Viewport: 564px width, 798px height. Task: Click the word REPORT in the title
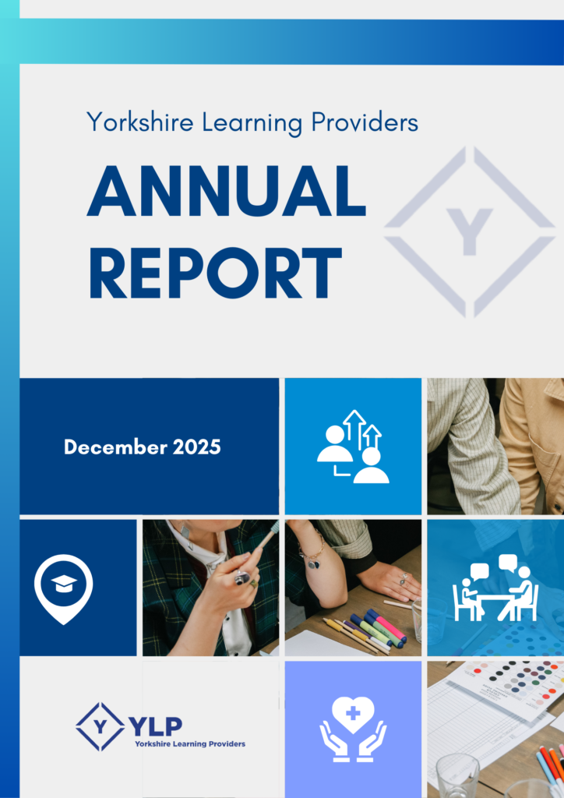pos(214,273)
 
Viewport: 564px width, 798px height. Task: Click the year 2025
pos(198,447)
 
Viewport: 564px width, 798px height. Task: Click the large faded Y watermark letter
pos(470,231)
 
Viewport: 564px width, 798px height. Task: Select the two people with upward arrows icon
pos(353,447)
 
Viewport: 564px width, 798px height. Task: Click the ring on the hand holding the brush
pos(242,577)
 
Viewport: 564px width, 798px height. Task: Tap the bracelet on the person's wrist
pos(314,559)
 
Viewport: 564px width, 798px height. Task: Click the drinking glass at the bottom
pos(457,775)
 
